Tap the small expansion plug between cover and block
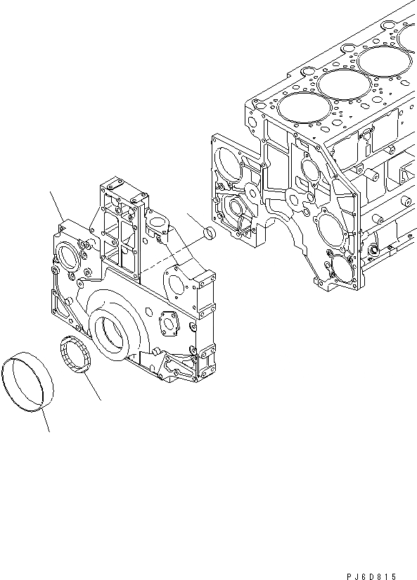pos(208,234)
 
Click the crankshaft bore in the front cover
pos(110,332)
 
